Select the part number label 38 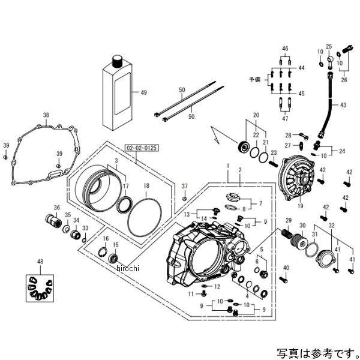click(46, 115)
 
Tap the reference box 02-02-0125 click(139, 146)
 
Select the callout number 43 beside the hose click(343, 106)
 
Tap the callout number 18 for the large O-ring click(146, 187)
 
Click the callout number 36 click(56, 208)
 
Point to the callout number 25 click(328, 46)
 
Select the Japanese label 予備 click(257, 79)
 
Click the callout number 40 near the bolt click(286, 267)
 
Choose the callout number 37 click(185, 186)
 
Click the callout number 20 click(255, 115)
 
